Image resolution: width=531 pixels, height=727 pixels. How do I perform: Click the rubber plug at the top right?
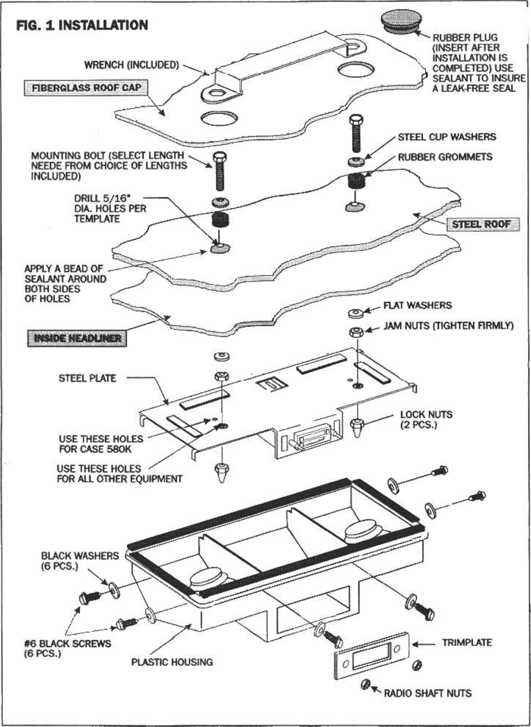pos(400,22)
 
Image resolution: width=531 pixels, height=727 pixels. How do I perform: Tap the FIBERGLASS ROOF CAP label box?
pos(86,88)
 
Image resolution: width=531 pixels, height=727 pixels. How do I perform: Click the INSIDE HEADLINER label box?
pos(77,338)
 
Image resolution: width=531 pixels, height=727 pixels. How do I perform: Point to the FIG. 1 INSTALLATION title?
pos(82,25)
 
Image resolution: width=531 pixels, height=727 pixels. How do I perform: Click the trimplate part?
pos(371,656)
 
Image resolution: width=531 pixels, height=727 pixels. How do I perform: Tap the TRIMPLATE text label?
pos(467,643)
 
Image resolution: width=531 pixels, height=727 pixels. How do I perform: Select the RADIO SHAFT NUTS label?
pos(427,693)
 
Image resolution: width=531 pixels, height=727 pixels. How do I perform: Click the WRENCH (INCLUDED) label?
pos(131,65)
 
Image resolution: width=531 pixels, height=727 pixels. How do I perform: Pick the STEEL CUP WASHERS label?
pos(447,137)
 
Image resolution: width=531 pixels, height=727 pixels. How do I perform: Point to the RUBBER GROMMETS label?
pos(445,157)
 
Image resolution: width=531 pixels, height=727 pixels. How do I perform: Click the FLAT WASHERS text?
pos(417,305)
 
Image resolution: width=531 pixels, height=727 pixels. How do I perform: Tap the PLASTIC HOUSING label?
pos(172,662)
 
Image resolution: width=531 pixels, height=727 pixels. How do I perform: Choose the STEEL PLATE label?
pos(87,378)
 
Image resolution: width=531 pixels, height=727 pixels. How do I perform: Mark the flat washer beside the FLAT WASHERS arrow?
pos(356,313)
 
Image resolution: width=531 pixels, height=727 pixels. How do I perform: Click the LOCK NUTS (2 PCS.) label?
pos(426,420)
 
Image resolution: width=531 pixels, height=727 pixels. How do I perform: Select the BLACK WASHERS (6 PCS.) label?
pos(79,561)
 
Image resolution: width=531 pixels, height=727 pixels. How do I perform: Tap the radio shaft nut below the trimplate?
pos(365,684)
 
